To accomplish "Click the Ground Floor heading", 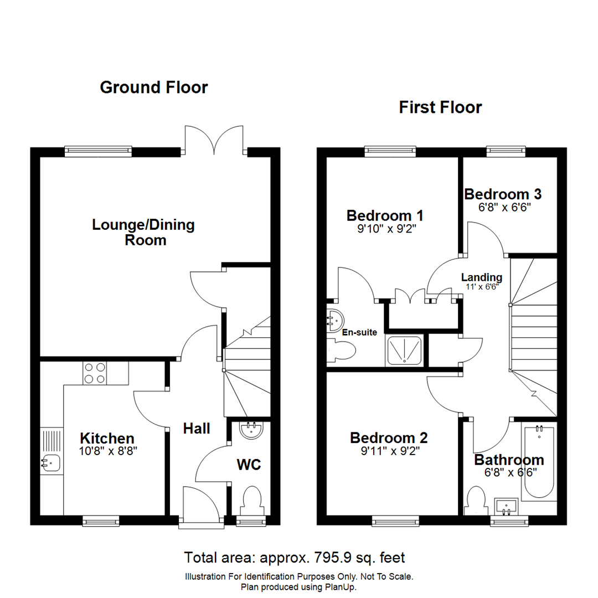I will click(154, 87).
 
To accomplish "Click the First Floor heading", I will click(440, 107).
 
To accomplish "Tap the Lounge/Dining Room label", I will click(143, 233).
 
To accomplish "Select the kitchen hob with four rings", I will click(96, 373).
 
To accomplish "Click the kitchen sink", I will click(50, 461).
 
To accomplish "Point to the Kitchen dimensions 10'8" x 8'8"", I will click(107, 451).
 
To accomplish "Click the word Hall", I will click(197, 428).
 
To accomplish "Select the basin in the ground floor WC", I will click(253, 429).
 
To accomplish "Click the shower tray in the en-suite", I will click(406, 350).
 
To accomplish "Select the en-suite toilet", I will click(342, 350).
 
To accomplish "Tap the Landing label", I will click(482, 277).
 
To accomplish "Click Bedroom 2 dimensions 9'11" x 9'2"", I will click(390, 451).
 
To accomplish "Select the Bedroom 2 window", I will click(395, 520).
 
